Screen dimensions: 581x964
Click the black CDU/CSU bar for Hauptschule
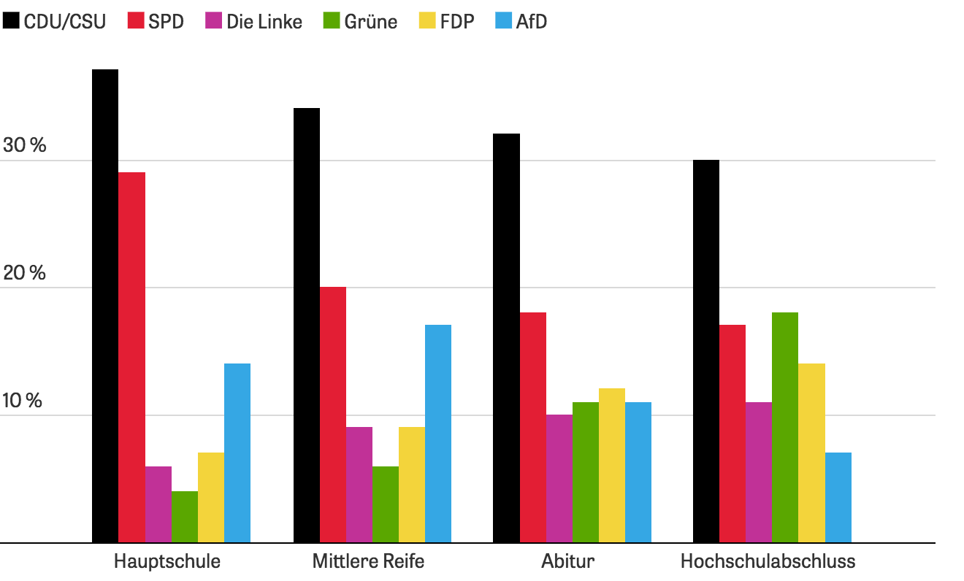pos(105,307)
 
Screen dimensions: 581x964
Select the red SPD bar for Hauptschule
pos(132,358)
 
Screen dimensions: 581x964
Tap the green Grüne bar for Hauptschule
pos(185,517)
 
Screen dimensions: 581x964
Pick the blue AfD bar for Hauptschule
pos(237,453)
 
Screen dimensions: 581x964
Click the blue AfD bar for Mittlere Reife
pos(438,434)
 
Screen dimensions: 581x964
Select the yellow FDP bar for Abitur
pos(612,466)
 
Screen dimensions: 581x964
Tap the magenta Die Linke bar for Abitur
pos(559,479)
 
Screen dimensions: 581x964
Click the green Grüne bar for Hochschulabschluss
pos(785,428)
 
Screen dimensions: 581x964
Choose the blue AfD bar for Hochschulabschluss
pos(838,498)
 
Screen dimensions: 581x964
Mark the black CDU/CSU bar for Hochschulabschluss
pos(706,351)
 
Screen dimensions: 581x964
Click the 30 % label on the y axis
pos(25,145)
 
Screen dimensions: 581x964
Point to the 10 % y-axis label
pos(25,401)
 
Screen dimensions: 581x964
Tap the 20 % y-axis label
pos(25,273)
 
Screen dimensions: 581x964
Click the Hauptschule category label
pos(167,562)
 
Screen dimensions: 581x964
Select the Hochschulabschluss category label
pos(768,562)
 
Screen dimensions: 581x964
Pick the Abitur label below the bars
pos(568,562)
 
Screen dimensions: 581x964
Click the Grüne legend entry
pos(361,22)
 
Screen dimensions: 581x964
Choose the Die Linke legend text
pos(264,22)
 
